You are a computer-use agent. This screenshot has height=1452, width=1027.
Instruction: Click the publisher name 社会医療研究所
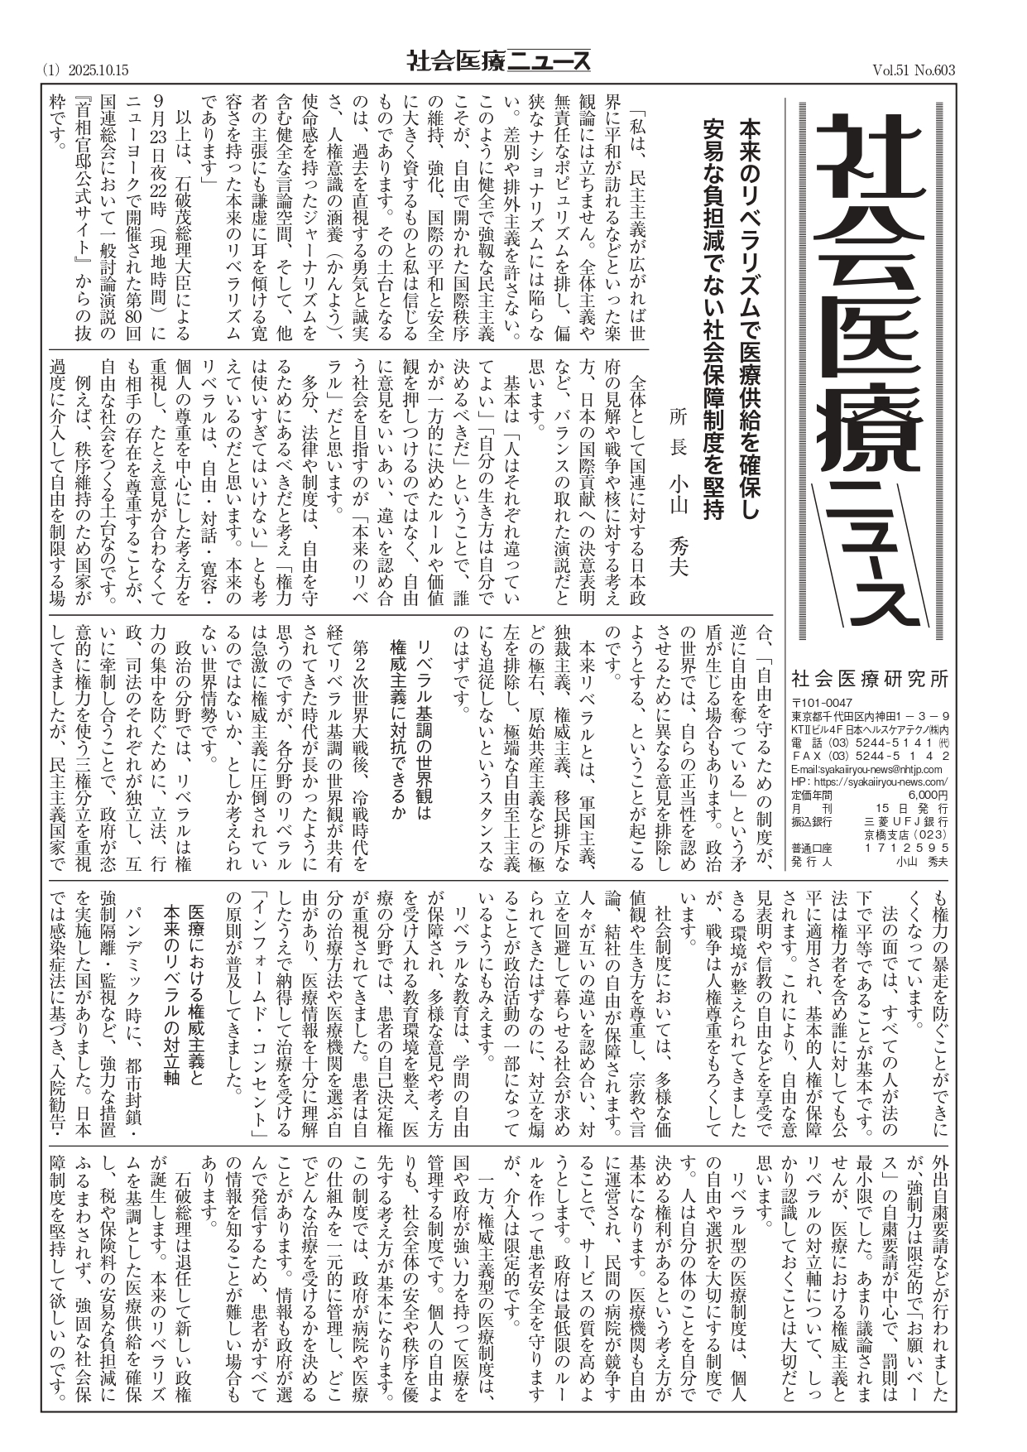click(869, 678)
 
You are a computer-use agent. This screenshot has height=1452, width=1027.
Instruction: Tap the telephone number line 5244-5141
click(896, 743)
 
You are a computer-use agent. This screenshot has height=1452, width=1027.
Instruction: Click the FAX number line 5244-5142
click(896, 756)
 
